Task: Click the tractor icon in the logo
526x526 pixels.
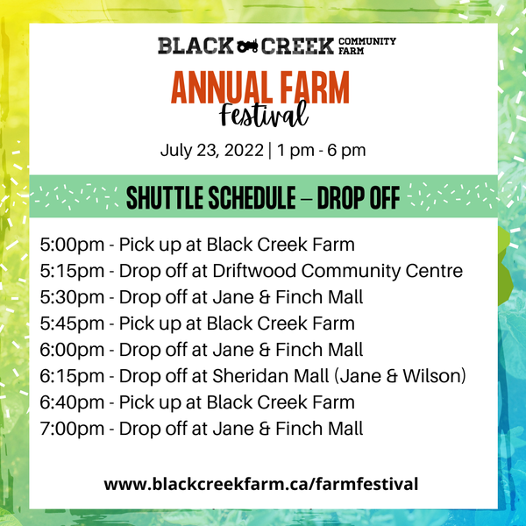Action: click(247, 46)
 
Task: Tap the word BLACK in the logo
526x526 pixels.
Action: click(195, 46)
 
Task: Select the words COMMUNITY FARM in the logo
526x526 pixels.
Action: click(367, 46)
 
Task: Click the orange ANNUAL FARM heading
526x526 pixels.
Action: click(260, 88)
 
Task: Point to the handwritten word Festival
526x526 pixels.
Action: click(264, 114)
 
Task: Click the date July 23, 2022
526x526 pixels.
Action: click(212, 150)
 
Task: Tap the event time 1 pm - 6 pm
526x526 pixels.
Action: click(322, 151)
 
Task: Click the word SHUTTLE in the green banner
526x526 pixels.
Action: click(166, 197)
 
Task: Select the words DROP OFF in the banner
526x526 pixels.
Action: click(359, 197)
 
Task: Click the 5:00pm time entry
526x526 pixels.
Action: click(72, 245)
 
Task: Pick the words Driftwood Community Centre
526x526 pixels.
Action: click(338, 271)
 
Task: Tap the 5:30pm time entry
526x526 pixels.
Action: click(72, 297)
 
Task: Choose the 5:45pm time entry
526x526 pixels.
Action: click(72, 323)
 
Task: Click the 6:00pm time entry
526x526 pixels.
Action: click(72, 350)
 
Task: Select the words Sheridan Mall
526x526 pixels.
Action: click(270, 376)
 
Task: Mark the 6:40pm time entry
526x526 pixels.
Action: click(72, 402)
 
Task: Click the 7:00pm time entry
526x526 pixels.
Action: click(72, 429)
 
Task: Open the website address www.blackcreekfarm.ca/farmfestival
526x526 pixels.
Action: click(261, 484)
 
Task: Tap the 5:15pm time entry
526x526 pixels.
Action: click(72, 271)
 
